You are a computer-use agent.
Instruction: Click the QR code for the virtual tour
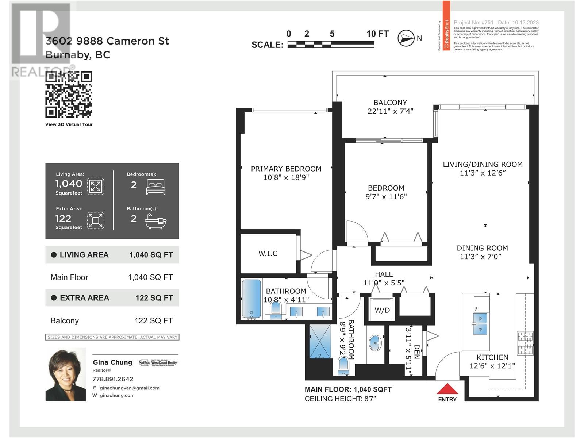(69, 94)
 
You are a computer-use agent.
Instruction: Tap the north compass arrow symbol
(406, 38)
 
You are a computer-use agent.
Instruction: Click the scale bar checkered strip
(331, 45)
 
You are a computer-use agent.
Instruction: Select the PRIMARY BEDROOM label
(286, 169)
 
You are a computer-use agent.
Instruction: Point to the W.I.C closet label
(268, 254)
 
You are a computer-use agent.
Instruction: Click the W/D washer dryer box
(382, 310)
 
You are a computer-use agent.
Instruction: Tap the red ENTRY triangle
(447, 389)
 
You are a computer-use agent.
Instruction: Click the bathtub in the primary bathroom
(251, 299)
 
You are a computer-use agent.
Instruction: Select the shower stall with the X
(320, 341)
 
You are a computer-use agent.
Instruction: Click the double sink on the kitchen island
(480, 324)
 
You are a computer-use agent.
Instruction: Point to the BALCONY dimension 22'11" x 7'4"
(390, 111)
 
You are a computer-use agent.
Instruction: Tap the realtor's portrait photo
(66, 375)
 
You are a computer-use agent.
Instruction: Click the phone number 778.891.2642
(113, 379)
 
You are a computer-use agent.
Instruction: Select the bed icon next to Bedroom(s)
(155, 187)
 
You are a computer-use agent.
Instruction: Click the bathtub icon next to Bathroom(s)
(155, 221)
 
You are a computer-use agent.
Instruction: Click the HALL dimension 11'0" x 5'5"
(384, 283)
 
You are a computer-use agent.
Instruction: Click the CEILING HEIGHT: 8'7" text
(340, 399)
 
